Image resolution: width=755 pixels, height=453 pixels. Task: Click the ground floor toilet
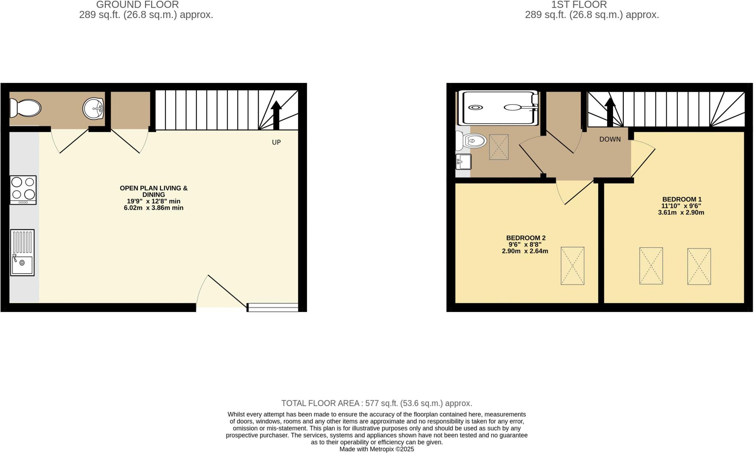25,108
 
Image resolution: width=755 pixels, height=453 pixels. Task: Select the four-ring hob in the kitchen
23,190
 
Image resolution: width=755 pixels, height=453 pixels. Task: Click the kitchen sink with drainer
22,253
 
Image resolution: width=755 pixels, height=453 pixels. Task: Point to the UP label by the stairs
276,142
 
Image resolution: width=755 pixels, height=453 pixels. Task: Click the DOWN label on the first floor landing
610,139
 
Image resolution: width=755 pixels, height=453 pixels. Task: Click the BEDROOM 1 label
682,199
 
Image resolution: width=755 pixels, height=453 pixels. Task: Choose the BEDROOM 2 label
525,238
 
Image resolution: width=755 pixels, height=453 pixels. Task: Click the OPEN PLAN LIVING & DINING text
154,191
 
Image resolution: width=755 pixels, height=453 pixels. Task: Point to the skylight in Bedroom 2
572,266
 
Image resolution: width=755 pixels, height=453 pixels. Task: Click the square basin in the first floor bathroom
463,162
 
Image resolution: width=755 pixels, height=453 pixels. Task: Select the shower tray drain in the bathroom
476,107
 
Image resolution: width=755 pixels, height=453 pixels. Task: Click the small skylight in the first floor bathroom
498,147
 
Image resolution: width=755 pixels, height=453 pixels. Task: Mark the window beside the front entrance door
272,307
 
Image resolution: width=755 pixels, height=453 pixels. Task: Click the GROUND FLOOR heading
137,5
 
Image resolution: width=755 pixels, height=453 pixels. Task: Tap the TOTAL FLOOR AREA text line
376,403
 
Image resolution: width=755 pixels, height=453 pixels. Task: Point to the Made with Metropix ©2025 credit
376,449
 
